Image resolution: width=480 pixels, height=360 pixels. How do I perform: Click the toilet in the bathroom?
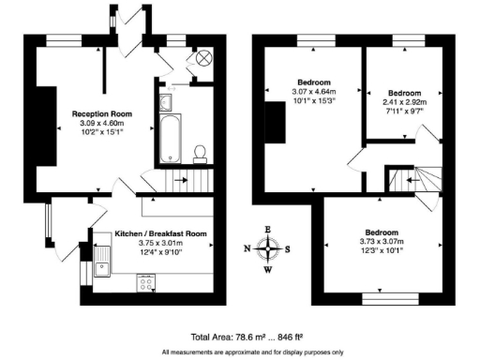pos(199,152)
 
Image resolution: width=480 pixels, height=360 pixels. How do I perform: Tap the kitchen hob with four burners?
pos(147,280)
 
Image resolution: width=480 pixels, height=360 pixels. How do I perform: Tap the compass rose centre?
pos(269,248)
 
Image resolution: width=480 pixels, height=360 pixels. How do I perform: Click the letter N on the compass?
pos(247,249)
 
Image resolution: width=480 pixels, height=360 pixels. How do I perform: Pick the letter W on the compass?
pos(269,270)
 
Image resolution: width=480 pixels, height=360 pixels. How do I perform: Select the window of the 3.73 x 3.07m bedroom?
pos(385,301)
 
